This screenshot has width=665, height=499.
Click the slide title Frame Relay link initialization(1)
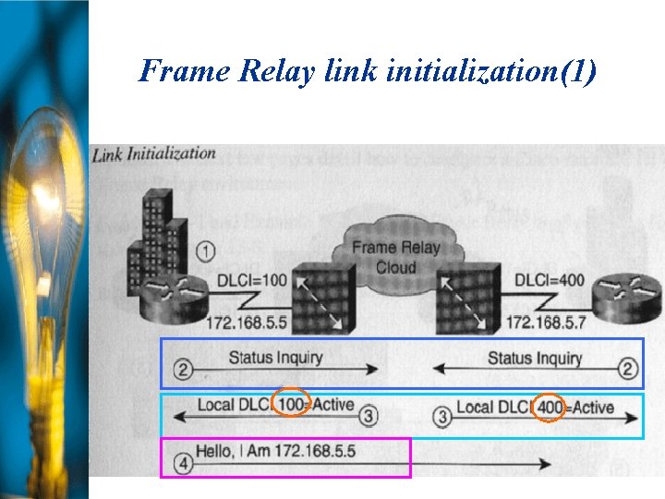368,71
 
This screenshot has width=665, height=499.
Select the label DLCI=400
549,278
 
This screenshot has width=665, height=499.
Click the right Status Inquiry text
534,358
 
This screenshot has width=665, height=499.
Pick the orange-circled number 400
550,407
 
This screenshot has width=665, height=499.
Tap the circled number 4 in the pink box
183,465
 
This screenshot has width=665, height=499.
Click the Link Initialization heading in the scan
154,154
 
